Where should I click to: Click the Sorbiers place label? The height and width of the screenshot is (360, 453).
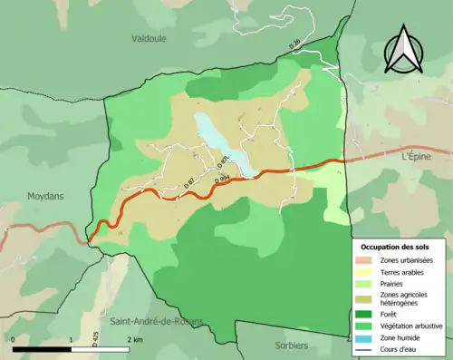291,345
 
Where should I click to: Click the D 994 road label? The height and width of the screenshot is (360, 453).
221,180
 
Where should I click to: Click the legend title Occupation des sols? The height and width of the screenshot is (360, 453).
395,246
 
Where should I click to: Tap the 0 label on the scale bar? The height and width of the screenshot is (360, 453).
14,339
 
